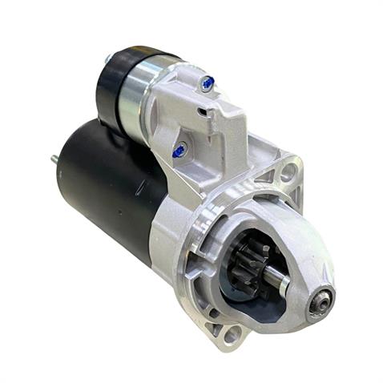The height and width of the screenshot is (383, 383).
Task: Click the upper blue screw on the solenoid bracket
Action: tap(208, 82)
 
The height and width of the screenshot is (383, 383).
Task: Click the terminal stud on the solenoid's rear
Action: tap(107, 58)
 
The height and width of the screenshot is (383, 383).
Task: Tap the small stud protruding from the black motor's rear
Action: tap(54, 159)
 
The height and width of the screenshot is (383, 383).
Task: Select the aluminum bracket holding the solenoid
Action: tap(212, 128)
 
